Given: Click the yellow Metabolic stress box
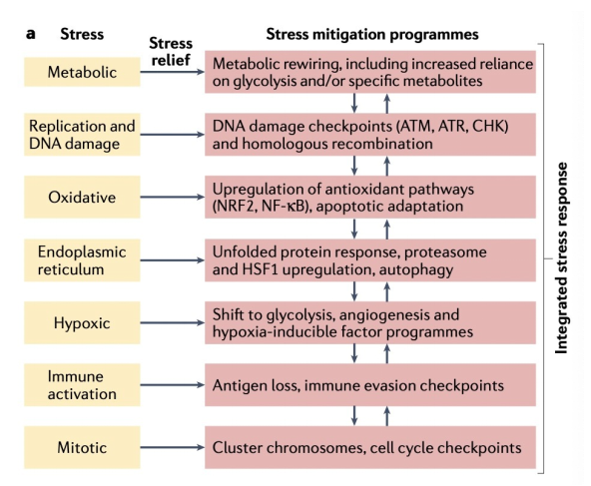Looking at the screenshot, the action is tap(82, 72).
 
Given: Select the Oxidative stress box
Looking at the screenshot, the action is tap(82, 197).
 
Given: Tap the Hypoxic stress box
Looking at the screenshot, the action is tap(82, 323).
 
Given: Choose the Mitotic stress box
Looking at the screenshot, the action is tap(82, 447).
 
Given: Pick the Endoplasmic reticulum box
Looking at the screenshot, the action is tap(82, 260).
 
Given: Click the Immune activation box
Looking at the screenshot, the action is tap(82, 385).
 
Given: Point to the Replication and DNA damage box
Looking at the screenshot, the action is tap(82, 135).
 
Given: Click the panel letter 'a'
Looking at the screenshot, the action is tap(31, 34).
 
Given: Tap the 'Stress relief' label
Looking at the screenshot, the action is tap(171, 51).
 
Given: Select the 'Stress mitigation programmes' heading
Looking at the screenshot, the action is tap(372, 34).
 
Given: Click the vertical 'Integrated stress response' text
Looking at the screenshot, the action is tap(561, 258).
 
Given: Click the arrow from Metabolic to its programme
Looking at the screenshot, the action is tap(173, 72).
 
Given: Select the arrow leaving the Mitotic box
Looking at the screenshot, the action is tap(173, 447).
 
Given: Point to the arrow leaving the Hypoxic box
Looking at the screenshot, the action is tap(173, 323).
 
